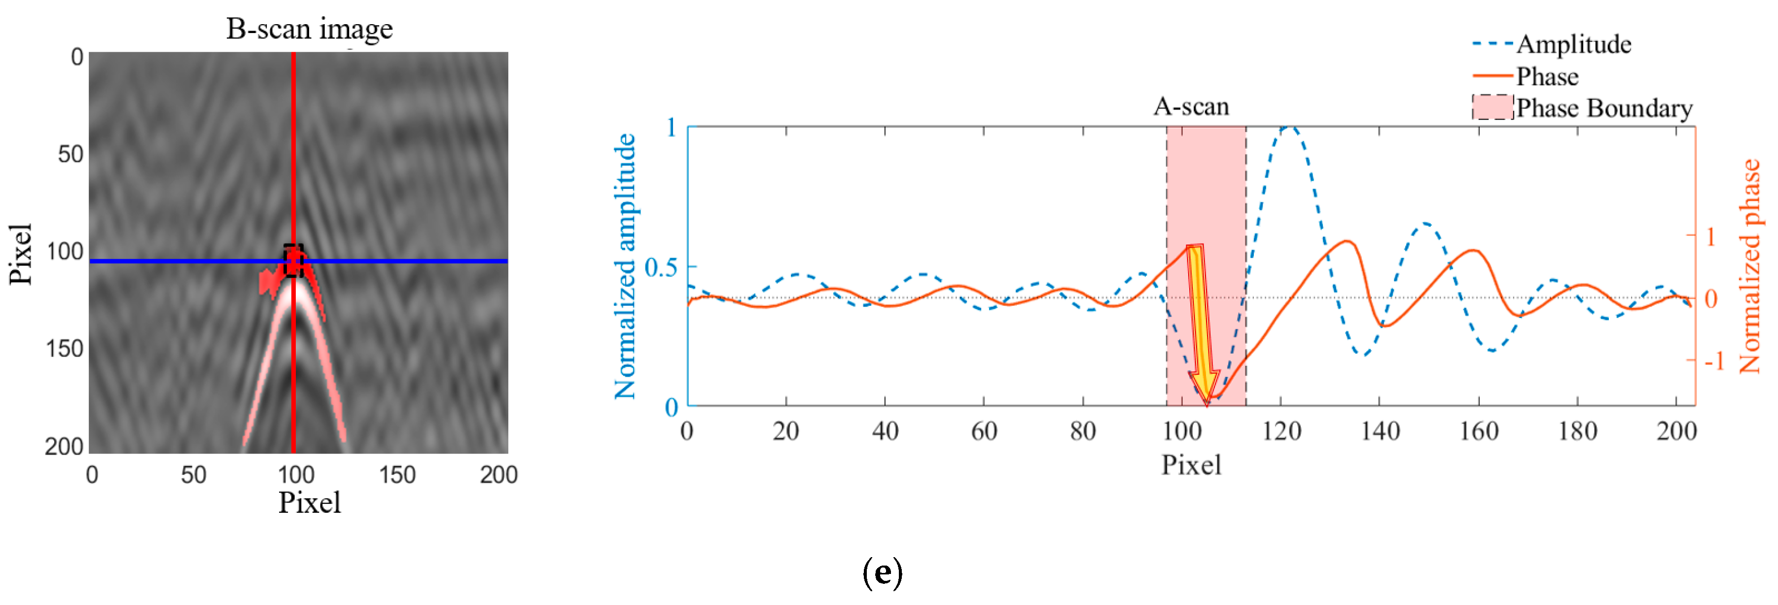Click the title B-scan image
point(309,29)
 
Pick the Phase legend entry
point(1547,76)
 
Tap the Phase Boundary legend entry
point(1603,108)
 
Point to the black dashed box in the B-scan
point(293,261)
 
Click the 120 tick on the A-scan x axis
point(1281,431)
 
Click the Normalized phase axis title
point(1750,266)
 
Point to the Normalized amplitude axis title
point(625,266)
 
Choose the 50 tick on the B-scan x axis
point(193,475)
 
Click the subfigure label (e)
point(882,572)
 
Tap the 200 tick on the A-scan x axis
point(1676,431)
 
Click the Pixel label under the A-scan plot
point(1191,465)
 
